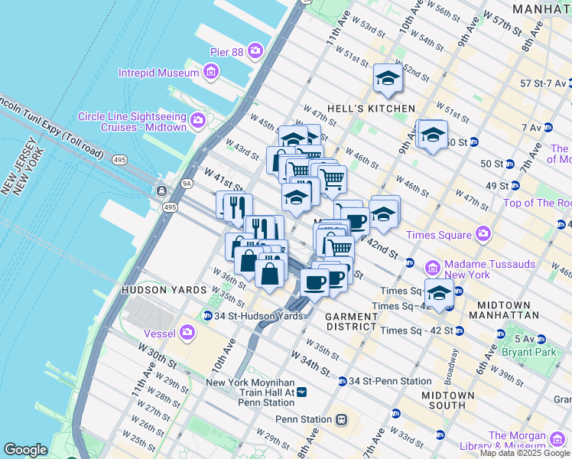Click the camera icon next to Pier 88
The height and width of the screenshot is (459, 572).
(x=254, y=52)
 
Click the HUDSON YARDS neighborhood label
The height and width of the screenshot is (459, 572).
(x=164, y=290)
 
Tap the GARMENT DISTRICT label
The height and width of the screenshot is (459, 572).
(x=351, y=321)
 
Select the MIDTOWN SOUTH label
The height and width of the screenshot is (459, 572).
(x=448, y=400)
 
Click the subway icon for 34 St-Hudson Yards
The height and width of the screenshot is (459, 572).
(x=207, y=316)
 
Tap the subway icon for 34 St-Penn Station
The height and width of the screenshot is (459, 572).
(x=343, y=381)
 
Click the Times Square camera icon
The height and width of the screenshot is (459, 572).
(x=483, y=233)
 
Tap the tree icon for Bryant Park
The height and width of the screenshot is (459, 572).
(x=501, y=334)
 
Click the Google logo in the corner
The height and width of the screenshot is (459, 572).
(x=25, y=450)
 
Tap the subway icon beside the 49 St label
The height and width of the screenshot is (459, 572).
(x=515, y=185)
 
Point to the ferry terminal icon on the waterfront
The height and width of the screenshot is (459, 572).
(x=162, y=190)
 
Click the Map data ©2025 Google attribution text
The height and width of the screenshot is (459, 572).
(x=525, y=453)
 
